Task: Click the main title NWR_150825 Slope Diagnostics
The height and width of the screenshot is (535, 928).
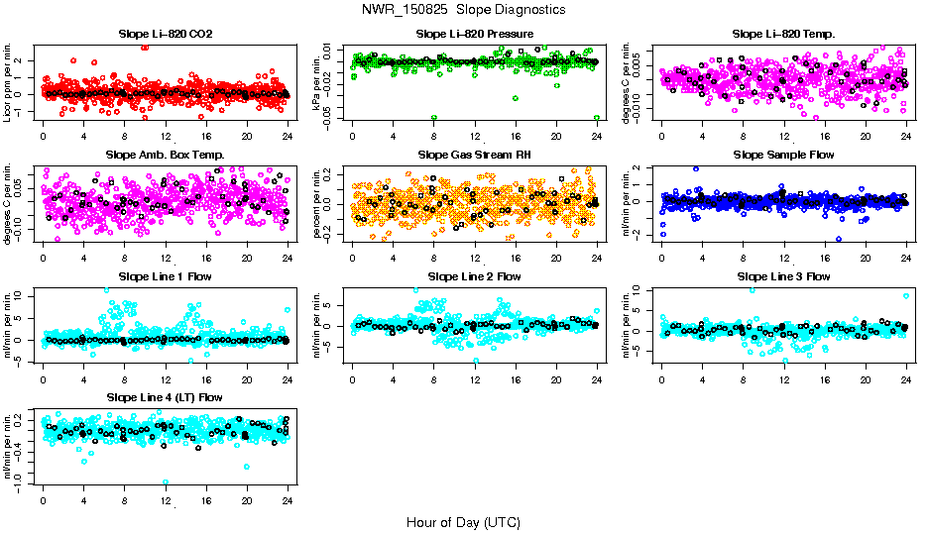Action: click(x=464, y=9)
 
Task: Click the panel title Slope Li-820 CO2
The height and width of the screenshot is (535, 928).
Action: click(x=166, y=34)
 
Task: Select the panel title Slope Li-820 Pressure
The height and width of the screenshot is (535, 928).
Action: click(x=475, y=34)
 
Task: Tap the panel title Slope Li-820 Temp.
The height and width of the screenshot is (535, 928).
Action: click(x=784, y=34)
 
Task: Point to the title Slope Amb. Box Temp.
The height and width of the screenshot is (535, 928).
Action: click(x=166, y=155)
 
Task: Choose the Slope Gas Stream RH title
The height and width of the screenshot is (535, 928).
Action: click(x=475, y=155)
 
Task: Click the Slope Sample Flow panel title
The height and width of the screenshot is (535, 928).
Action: click(x=784, y=155)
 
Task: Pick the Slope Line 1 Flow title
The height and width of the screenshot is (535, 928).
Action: click(x=166, y=276)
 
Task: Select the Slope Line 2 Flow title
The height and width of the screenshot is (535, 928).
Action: click(x=475, y=276)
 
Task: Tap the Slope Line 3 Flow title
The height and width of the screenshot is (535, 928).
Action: click(x=784, y=276)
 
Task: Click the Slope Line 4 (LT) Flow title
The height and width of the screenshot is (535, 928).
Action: click(x=166, y=397)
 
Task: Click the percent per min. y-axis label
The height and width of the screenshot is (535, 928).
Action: click(x=318, y=204)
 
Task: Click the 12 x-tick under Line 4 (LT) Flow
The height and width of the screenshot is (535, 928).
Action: click(x=166, y=500)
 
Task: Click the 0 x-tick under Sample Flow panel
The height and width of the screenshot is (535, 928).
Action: click(x=662, y=258)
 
